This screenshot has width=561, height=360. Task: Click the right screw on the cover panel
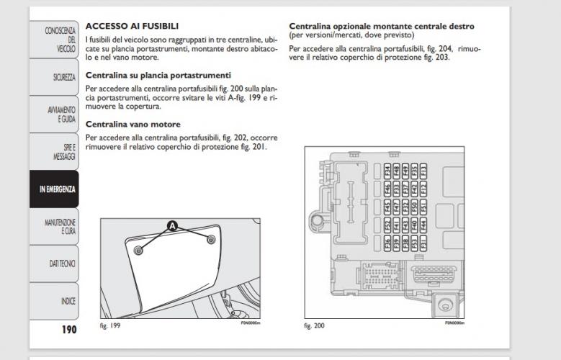210,239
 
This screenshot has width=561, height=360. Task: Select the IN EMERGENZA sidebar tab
55,189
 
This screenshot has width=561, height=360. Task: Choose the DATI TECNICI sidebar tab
55,264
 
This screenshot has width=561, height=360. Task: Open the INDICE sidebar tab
55,302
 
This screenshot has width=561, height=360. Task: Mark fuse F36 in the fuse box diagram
387,243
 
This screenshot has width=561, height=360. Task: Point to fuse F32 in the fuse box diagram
405,208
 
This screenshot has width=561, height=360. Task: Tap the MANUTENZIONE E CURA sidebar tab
55,227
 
